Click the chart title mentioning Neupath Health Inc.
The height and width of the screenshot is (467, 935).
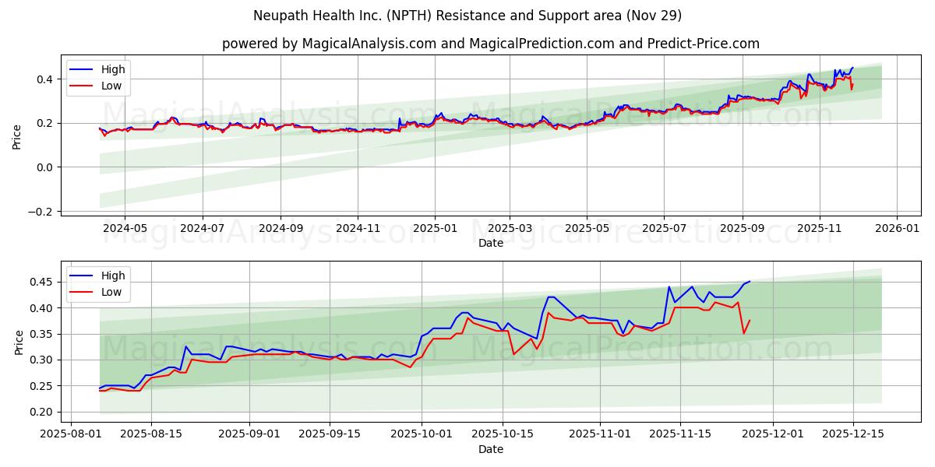click(467, 16)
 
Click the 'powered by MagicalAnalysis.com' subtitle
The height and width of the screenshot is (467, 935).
click(490, 44)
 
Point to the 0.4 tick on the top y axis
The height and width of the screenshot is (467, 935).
click(44, 79)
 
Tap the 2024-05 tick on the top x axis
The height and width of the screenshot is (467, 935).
click(125, 229)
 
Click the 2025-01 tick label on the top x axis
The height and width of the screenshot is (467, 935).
click(434, 229)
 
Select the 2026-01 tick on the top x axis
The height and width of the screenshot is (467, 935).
click(896, 229)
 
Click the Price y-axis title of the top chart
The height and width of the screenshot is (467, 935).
click(17, 135)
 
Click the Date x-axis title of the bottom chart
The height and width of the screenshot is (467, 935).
click(490, 449)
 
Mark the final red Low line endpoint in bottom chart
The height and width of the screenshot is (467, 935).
click(750, 321)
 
